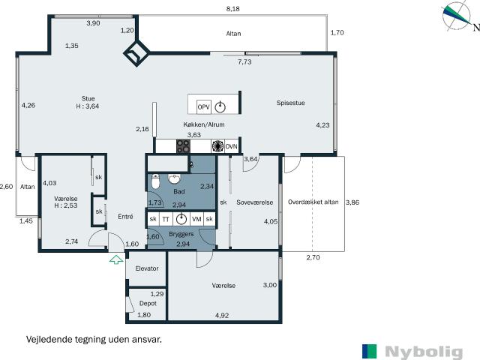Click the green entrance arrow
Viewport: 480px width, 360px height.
pyautogui.click(x=116, y=259)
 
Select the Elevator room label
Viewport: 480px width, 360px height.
pyautogui.click(x=147, y=268)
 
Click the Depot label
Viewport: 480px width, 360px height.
pyautogui.click(x=148, y=303)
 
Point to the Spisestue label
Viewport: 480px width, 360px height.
pyautogui.click(x=291, y=103)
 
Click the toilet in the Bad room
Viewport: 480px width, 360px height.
pyautogui.click(x=156, y=181)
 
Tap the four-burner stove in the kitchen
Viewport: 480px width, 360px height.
pyautogui.click(x=183, y=146)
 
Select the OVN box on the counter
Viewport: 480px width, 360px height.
pyautogui.click(x=232, y=146)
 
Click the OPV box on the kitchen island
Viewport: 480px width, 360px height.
pyautogui.click(x=203, y=106)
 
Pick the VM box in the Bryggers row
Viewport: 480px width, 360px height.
pyautogui.click(x=196, y=219)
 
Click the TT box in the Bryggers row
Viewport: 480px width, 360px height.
pyautogui.click(x=166, y=219)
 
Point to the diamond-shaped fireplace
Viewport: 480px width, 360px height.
pyautogui.click(x=136, y=53)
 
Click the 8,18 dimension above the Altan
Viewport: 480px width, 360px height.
pyautogui.click(x=233, y=9)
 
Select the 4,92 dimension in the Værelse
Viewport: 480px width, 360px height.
pyautogui.click(x=222, y=315)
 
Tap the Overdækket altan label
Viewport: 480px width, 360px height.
pyautogui.click(x=313, y=202)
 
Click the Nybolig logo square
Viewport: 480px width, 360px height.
pyautogui.click(x=370, y=351)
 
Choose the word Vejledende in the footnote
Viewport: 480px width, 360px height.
pyautogui.click(x=49, y=339)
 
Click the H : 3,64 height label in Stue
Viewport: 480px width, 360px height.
pyautogui.click(x=88, y=106)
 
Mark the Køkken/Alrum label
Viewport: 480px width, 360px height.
pyautogui.click(x=204, y=124)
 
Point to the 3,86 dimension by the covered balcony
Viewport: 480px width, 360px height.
pyautogui.click(x=352, y=202)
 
